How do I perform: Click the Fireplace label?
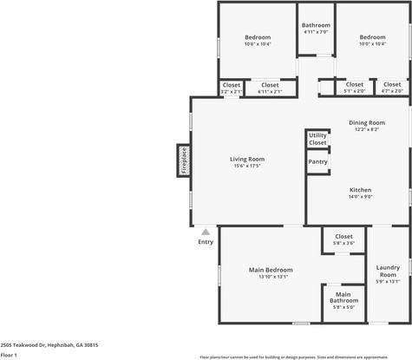185,160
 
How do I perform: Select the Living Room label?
247,159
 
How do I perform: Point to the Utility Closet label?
317,139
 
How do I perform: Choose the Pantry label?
317,161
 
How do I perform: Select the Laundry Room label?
387,271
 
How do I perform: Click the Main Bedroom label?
271,270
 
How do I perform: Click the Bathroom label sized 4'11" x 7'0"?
316,25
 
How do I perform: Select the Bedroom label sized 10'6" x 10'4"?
258,37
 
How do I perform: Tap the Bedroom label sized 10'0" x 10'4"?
372,37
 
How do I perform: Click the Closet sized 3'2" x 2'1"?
231,85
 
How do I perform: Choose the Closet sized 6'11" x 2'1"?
270,85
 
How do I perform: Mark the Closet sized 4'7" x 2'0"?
392,85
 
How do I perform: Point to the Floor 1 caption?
9,355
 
